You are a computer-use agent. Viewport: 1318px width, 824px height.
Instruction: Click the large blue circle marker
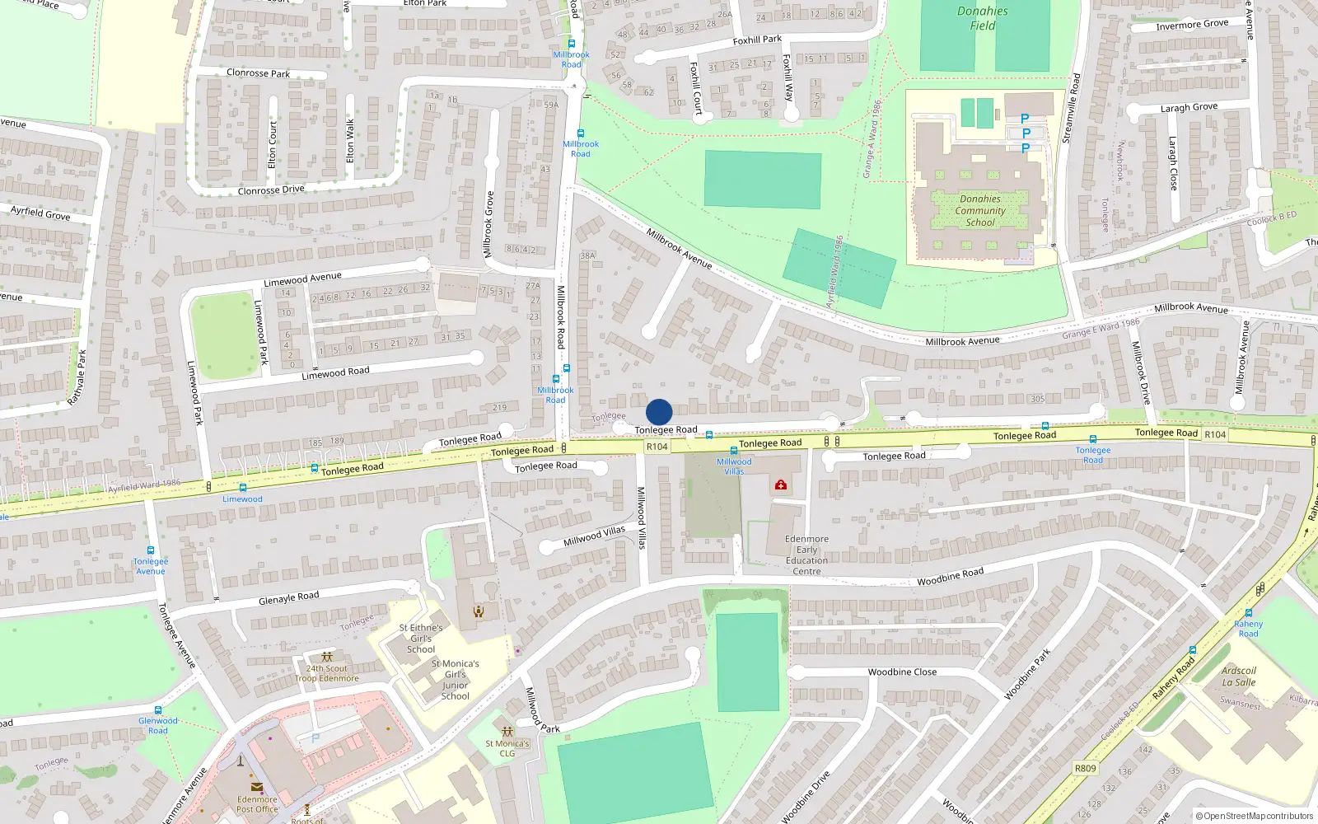click(x=659, y=412)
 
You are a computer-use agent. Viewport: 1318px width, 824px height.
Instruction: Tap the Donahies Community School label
click(x=980, y=211)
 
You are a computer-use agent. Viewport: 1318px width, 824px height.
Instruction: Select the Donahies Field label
click(x=982, y=18)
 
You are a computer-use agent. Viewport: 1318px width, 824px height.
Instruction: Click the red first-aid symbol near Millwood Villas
click(x=780, y=485)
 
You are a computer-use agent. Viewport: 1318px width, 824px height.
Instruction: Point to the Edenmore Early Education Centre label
click(x=806, y=555)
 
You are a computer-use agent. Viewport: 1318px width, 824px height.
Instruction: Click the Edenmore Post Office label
click(x=257, y=804)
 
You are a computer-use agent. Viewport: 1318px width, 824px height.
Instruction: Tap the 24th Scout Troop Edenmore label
click(x=327, y=673)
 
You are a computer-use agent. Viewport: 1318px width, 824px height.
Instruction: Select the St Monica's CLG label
click(x=507, y=748)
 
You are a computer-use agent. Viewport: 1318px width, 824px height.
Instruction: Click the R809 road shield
click(x=1085, y=768)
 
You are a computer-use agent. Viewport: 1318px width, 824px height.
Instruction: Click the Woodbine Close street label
click(x=902, y=672)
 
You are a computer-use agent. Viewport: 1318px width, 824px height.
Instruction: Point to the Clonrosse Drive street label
click(x=271, y=190)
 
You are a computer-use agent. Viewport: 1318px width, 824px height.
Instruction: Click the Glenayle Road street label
click(x=288, y=597)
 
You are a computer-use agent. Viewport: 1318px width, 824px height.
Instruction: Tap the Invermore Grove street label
click(x=1191, y=25)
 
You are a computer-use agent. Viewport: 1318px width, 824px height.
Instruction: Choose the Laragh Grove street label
click(x=1188, y=108)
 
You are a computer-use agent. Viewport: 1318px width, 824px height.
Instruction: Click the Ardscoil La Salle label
click(x=1238, y=677)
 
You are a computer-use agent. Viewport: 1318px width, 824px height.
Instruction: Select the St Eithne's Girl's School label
click(x=421, y=639)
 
